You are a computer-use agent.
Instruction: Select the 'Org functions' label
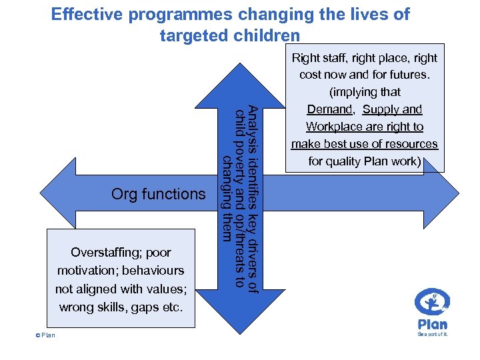coord(158,194)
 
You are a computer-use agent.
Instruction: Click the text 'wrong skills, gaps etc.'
coord(121,307)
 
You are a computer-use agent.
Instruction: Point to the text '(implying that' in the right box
coord(364,92)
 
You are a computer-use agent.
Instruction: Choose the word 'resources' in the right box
coord(412,144)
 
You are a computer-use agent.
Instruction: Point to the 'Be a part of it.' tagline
coord(433,335)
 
